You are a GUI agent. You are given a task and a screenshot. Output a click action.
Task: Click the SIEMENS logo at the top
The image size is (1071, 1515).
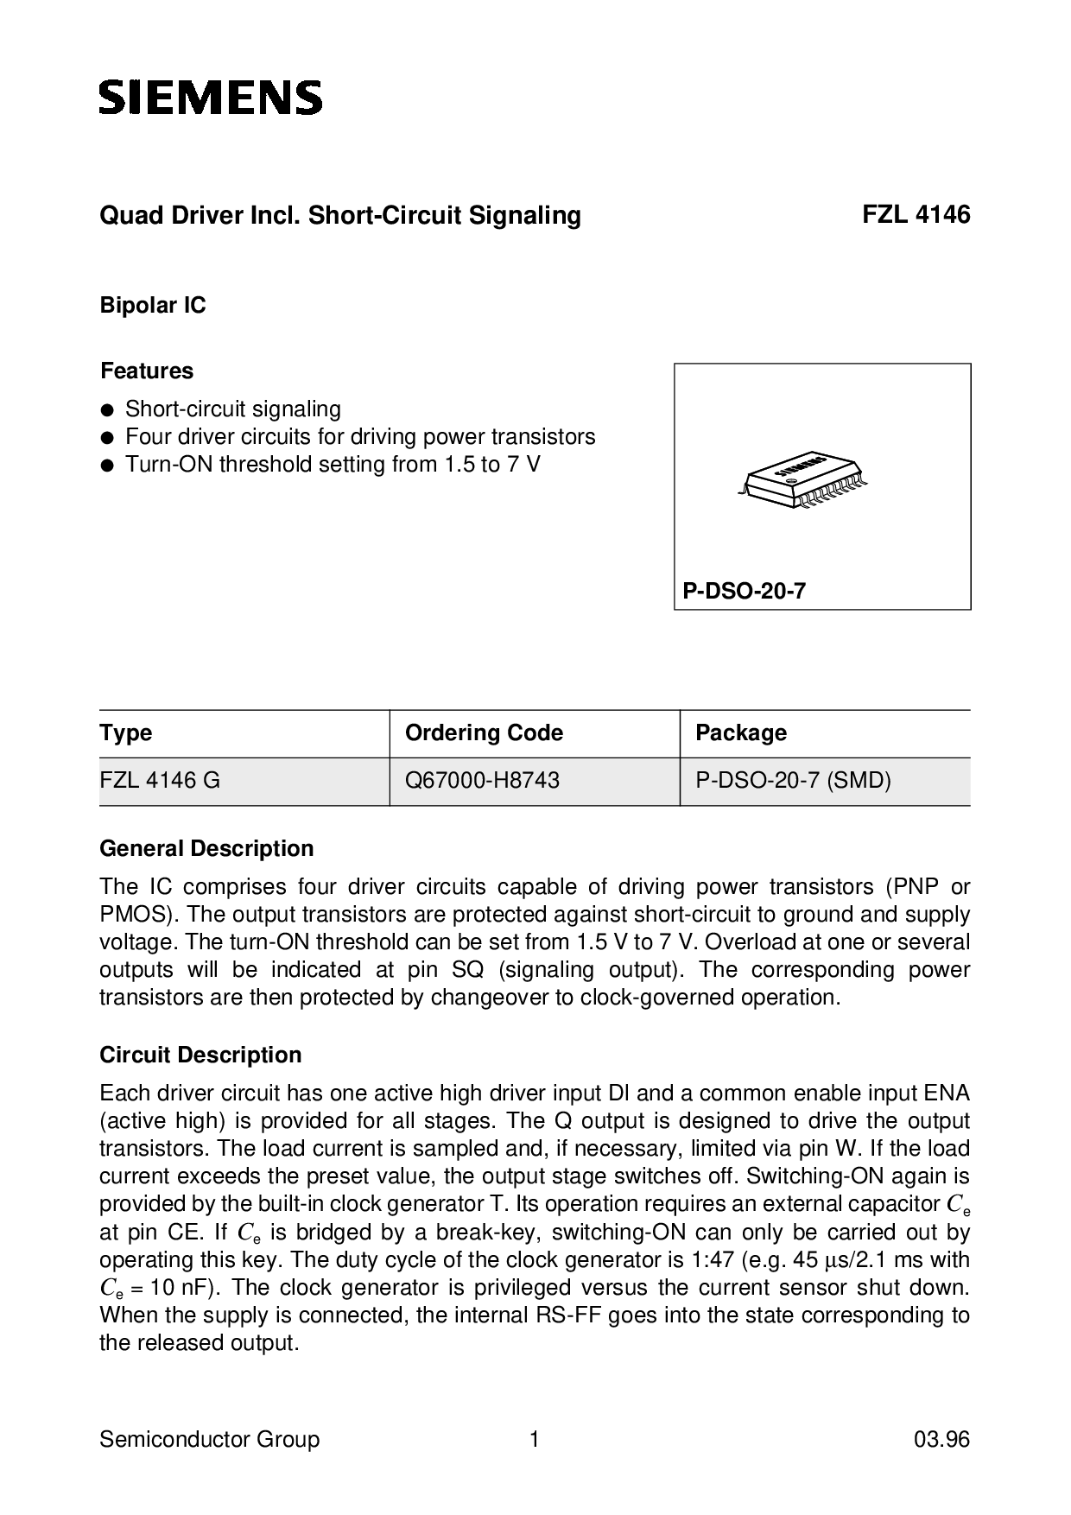[x=211, y=98]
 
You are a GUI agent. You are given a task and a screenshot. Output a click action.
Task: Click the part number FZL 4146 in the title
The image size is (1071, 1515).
[x=916, y=215]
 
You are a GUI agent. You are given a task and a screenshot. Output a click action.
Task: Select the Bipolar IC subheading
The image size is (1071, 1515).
[x=153, y=306]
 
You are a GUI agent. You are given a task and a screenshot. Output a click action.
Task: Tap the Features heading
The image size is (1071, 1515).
[x=147, y=371]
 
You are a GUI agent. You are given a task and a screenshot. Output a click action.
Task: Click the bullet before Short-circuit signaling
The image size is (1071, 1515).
[x=107, y=410]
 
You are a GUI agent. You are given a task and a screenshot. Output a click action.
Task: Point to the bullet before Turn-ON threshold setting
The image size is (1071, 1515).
[x=107, y=466]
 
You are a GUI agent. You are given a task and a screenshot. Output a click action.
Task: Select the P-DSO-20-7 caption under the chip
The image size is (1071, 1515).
[x=744, y=592]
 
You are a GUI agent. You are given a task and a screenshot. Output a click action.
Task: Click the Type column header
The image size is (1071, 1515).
[x=126, y=733]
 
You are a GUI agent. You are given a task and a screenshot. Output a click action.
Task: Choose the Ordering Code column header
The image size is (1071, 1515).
[x=484, y=733]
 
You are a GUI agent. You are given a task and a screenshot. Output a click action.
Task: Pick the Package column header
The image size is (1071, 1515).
[x=741, y=733]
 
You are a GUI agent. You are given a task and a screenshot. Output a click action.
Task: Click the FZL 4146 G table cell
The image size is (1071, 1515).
[x=160, y=781]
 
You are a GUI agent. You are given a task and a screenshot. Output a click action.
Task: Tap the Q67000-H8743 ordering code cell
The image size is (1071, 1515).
[x=482, y=781]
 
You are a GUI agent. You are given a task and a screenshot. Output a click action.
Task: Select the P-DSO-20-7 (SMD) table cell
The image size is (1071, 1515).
[x=793, y=781]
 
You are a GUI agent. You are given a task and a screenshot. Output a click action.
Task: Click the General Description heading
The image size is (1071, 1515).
[x=206, y=849]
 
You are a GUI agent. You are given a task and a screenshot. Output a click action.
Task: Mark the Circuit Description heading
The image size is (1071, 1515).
[x=200, y=1055]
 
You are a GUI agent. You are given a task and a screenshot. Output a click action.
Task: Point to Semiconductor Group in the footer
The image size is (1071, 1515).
[x=209, y=1440]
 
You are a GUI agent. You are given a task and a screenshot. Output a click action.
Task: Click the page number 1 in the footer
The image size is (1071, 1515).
[x=535, y=1440]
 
